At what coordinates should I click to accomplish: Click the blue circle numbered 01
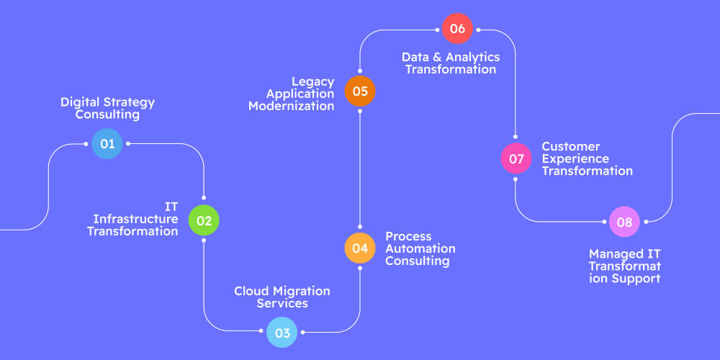coord(107,143)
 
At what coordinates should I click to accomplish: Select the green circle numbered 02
coord(204,220)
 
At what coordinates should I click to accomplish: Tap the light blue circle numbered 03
coord(282,333)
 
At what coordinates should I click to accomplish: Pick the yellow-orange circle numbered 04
coord(359,248)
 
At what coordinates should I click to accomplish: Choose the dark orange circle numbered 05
coord(359,91)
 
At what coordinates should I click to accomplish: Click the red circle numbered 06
coord(457,29)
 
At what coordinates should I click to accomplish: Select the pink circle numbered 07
coord(516,158)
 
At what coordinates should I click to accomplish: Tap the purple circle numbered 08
coord(624,222)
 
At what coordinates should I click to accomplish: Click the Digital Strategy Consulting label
coord(107,108)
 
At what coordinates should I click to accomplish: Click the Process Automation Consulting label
coord(420,248)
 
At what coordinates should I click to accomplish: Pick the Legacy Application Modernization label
coord(292,94)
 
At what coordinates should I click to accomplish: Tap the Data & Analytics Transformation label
coord(450,63)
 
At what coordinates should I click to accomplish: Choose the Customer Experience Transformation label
coord(586,158)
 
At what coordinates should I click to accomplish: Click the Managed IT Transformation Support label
coord(624,266)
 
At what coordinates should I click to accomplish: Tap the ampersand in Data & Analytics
coord(435,57)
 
